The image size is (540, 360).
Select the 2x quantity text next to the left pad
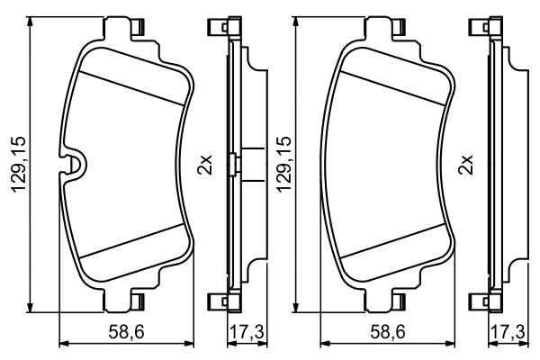(x=204, y=166)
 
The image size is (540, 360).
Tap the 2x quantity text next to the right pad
(x=466, y=166)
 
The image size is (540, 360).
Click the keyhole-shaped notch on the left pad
(x=75, y=165)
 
